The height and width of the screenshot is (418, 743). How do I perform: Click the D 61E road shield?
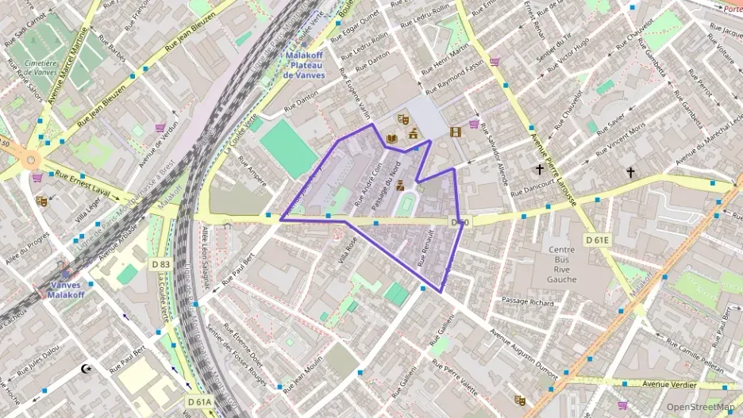click(598, 240)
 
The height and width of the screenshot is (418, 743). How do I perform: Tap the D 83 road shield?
click(160, 264)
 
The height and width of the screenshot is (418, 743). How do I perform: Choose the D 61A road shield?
click(200, 402)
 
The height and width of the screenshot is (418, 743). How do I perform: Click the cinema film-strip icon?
click(455, 132)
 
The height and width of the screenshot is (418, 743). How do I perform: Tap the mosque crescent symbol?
click(87, 369)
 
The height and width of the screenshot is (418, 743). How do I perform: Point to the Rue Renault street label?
click(425, 247)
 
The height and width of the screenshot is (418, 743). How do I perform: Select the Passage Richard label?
click(528, 301)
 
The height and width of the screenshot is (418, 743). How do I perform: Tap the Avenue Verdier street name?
click(668, 384)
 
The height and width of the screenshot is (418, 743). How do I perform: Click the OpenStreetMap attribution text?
click(700, 407)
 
